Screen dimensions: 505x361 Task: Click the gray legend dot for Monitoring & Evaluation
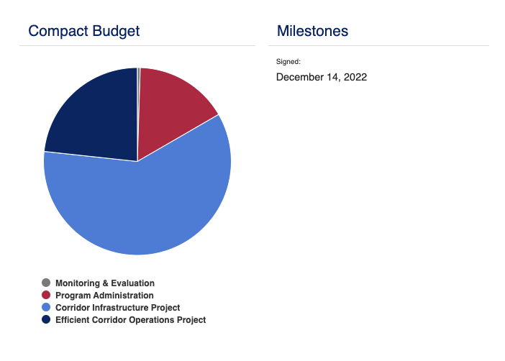tap(46, 283)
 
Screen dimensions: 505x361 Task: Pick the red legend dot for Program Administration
tap(46, 295)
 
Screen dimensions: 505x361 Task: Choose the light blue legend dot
tap(46, 307)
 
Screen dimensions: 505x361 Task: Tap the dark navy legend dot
tap(46, 319)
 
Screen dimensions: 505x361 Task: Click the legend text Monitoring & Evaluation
tap(105, 283)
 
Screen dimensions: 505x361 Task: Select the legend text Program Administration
tap(104, 296)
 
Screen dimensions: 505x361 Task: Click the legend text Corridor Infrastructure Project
tap(117, 308)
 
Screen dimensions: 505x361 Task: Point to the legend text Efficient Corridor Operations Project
tap(130, 320)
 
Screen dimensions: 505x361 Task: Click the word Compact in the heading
tap(58, 31)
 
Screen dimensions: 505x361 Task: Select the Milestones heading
tap(312, 31)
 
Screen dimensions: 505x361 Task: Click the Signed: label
tap(288, 62)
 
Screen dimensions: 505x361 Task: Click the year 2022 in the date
tap(355, 77)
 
